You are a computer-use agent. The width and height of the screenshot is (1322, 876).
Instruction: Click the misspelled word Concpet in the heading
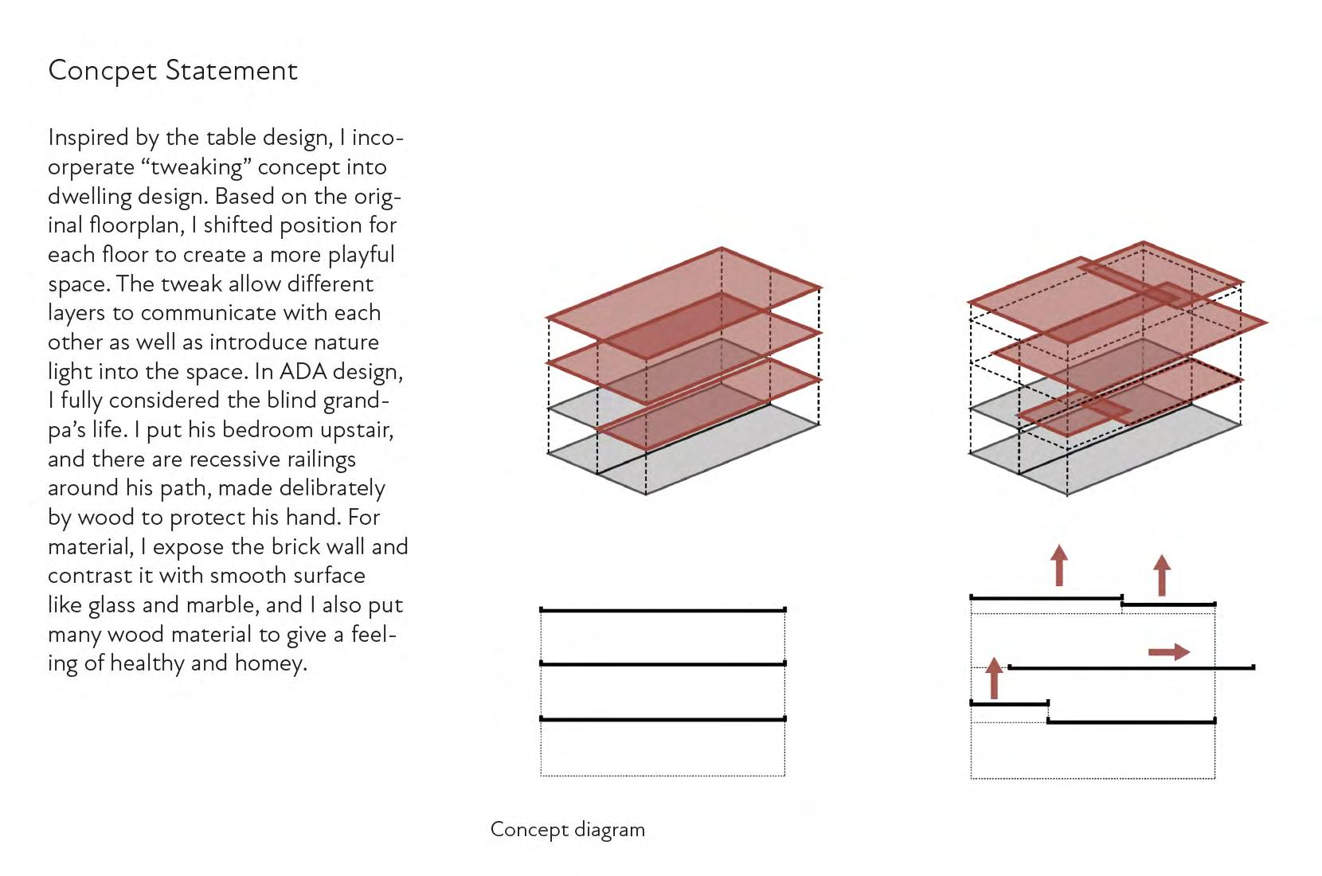click(x=102, y=71)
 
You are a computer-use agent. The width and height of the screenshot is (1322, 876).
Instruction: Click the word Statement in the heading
click(x=231, y=71)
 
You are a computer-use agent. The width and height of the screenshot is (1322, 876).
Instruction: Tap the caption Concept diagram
click(x=567, y=830)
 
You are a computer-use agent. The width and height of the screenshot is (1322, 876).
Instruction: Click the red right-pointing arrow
click(x=1168, y=652)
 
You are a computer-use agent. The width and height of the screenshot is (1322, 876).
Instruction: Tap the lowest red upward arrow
click(x=993, y=678)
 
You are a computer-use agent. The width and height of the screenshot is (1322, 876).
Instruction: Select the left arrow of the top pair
click(x=1058, y=565)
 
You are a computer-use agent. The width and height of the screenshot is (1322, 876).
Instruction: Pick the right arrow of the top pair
click(x=1162, y=575)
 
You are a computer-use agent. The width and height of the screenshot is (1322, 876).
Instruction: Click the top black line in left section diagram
click(x=663, y=611)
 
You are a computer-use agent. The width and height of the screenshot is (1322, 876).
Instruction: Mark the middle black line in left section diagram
click(x=663, y=663)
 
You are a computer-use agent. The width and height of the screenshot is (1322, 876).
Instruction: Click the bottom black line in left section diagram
click(x=663, y=719)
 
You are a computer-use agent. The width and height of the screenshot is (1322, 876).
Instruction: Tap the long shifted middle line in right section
click(x=1131, y=667)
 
